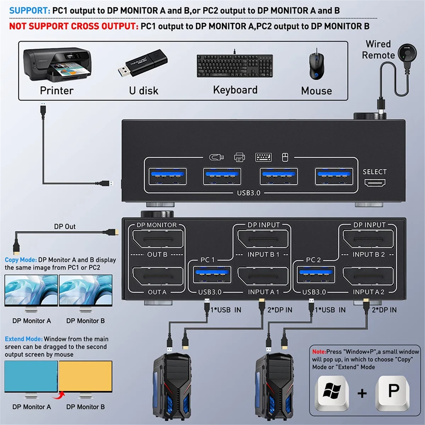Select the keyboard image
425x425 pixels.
tap(235, 66)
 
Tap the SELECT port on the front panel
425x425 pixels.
tap(375, 183)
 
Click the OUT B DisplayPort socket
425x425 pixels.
tap(158, 239)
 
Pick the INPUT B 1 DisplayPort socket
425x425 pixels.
tap(263, 239)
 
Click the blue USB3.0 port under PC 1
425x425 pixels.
tap(212, 275)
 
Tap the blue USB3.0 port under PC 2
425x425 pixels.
tap(316, 275)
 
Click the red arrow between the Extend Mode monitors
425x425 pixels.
tap(61, 395)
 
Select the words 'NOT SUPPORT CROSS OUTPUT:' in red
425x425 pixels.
tap(74, 26)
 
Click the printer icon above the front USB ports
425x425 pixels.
tap(240, 157)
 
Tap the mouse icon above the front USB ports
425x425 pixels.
tap(285, 157)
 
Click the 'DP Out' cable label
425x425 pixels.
tap(65, 227)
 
